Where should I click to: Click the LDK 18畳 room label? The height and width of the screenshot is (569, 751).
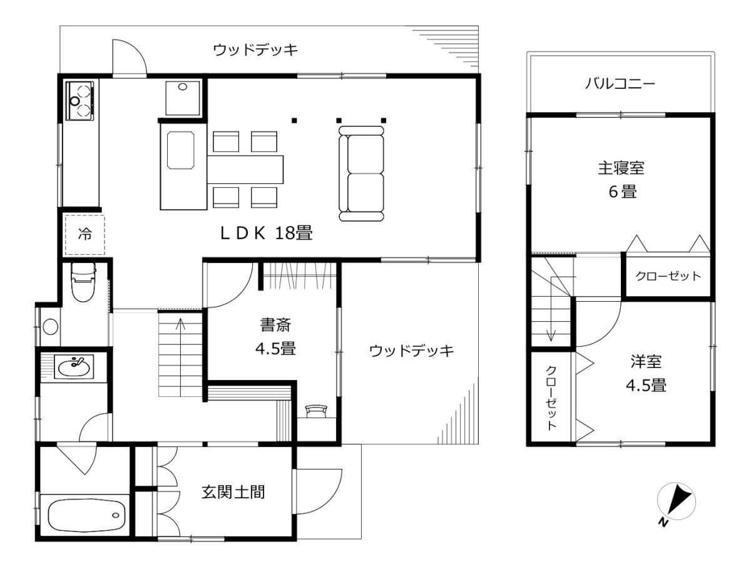[265, 233]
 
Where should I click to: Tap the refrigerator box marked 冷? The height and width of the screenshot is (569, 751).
[84, 235]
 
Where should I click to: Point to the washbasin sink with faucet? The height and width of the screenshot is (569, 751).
[75, 366]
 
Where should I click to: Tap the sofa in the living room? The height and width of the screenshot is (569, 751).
[361, 173]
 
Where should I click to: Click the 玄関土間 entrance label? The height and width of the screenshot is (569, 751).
[233, 492]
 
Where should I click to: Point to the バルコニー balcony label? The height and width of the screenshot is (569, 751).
[620, 83]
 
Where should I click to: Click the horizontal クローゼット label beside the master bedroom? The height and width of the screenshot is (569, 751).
[668, 276]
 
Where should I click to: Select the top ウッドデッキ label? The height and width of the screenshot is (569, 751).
[255, 49]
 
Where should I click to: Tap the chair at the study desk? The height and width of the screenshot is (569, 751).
[317, 410]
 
